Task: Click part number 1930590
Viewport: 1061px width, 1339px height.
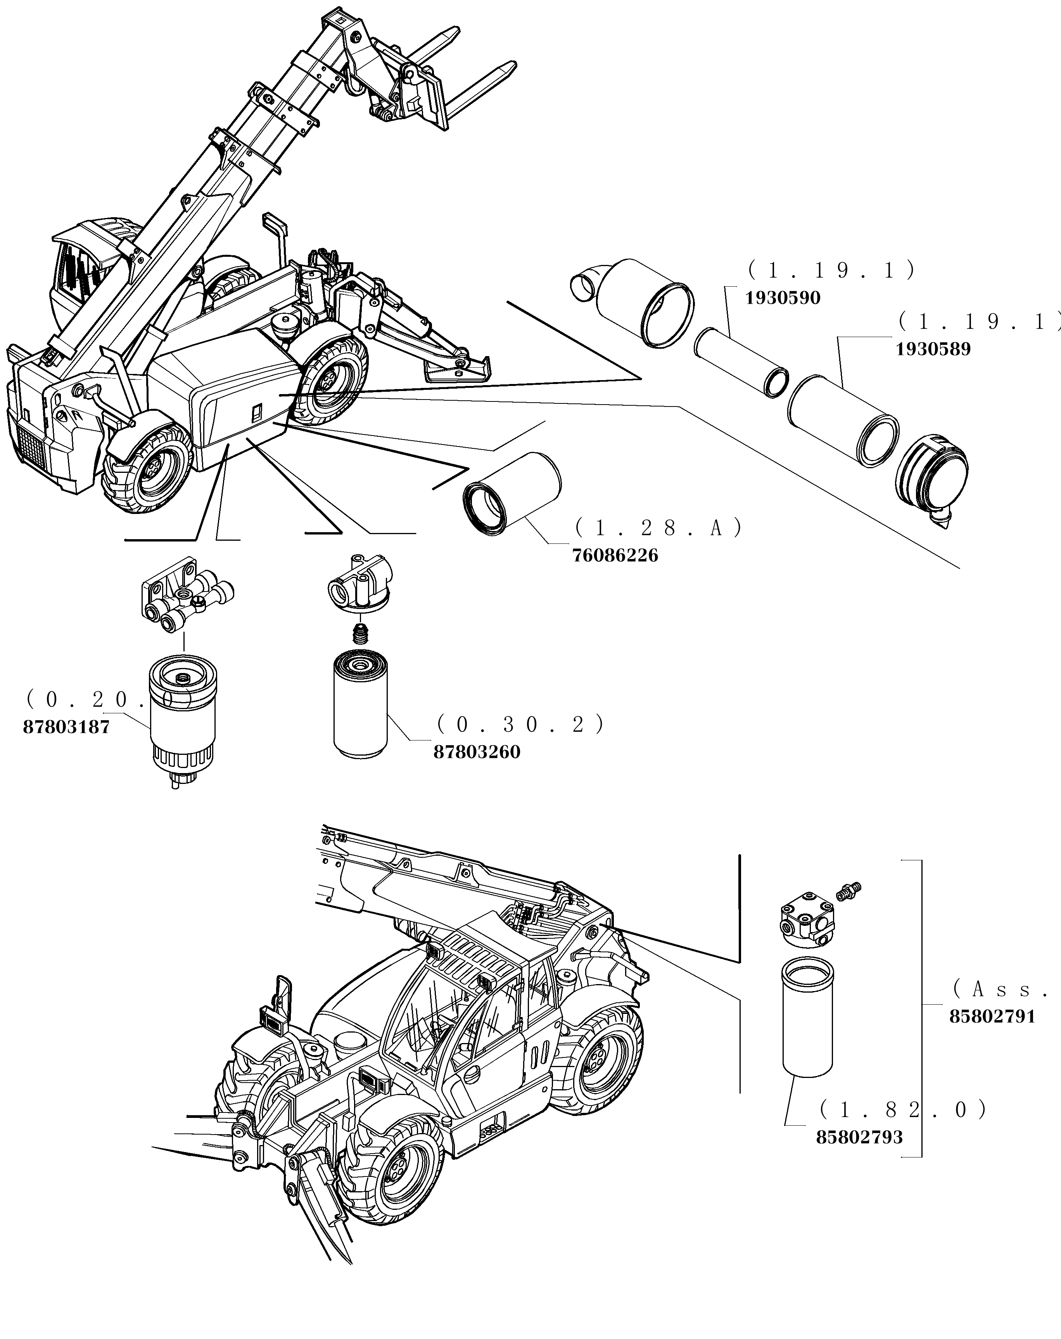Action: pos(782,298)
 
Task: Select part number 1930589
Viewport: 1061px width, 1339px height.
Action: pos(933,349)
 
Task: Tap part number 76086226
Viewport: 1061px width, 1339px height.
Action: pos(615,555)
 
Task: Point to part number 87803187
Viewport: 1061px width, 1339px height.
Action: pos(66,727)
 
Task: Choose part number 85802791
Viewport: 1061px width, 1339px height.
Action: pos(992,1034)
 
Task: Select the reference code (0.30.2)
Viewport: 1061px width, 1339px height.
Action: pos(520,724)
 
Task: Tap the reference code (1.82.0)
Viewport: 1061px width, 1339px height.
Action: pos(903,1109)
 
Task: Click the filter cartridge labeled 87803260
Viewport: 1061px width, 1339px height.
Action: pos(360,705)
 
